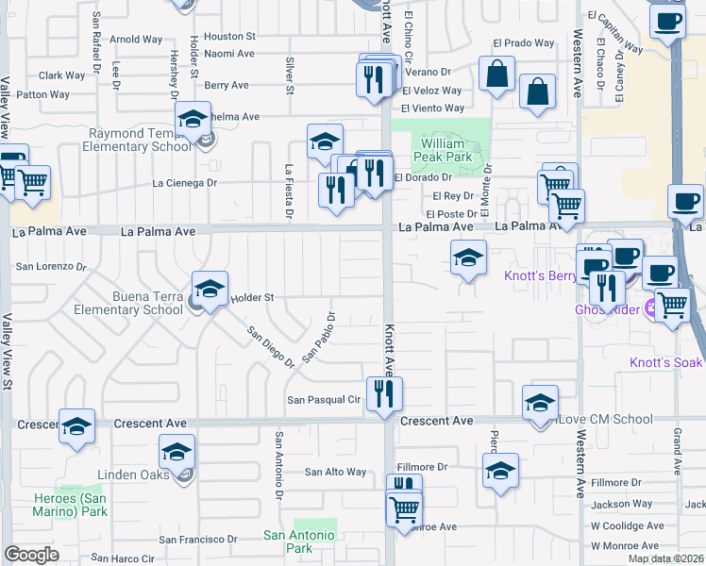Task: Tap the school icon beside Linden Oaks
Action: click(x=176, y=454)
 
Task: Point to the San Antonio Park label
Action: click(x=298, y=541)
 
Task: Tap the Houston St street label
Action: click(x=230, y=36)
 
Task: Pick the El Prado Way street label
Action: click(x=525, y=43)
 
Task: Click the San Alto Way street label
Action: click(x=334, y=472)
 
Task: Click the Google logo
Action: click(x=31, y=555)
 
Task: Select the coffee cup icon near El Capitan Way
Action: click(x=668, y=23)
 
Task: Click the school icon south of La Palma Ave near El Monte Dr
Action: click(x=468, y=258)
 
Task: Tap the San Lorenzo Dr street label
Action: click(x=51, y=266)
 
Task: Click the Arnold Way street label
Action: click(x=137, y=40)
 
